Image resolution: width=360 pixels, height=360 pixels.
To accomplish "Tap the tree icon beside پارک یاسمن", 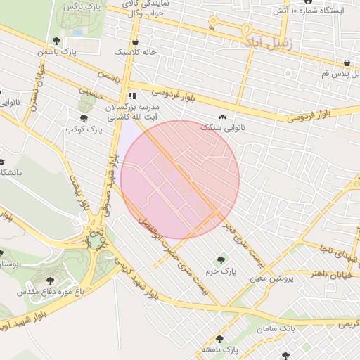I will click(57, 41).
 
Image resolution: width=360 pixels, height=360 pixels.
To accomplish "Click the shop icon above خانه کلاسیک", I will click(132, 40).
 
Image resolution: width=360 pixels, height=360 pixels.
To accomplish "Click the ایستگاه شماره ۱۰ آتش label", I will click(319, 11).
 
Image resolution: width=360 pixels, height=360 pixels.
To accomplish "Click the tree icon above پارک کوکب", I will click(84, 118).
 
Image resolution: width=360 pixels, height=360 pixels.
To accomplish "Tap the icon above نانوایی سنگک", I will click(224, 117).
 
